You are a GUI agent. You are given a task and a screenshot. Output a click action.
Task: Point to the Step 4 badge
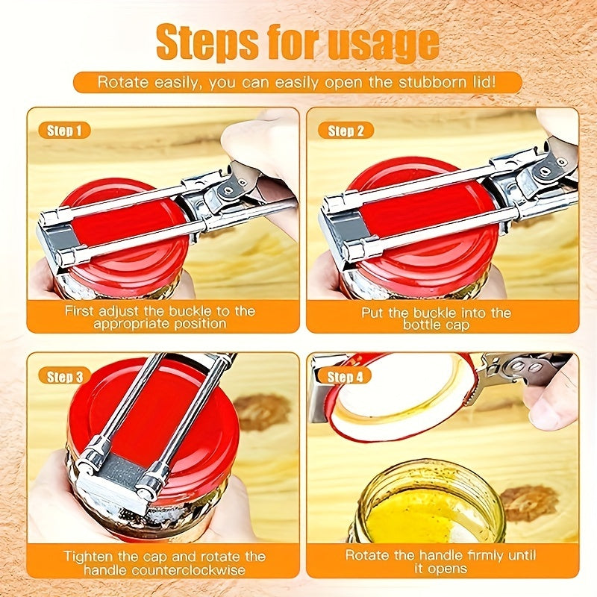[x=345, y=377]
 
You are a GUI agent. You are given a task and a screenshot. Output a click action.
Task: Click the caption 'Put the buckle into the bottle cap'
[x=436, y=317]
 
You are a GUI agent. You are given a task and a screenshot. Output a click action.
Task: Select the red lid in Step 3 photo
[x=187, y=418]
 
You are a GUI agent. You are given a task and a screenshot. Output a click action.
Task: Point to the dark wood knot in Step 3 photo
[x=260, y=413]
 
